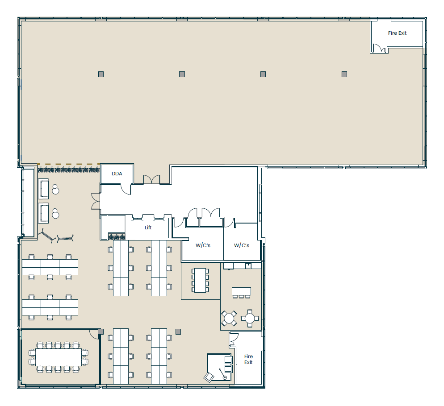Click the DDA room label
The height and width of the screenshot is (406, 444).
(117, 174)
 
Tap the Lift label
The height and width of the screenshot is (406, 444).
(148, 228)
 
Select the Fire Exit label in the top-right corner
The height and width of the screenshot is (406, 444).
(397, 33)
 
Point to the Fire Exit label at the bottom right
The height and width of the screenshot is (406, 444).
(248, 359)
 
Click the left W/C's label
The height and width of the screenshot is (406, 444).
(203, 245)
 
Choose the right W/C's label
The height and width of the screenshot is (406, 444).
(242, 245)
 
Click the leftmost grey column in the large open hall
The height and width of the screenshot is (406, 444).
(101, 74)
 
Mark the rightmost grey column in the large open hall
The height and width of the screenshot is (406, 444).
(344, 74)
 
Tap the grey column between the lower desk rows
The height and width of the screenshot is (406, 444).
(178, 331)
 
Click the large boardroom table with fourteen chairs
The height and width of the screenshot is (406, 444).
(59, 357)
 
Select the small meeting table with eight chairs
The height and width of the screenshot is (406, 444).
(200, 280)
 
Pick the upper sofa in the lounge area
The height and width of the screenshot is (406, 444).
(43, 188)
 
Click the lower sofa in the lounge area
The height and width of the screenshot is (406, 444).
(43, 213)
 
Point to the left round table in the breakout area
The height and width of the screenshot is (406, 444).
(229, 319)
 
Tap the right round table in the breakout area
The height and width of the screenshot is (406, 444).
(250, 318)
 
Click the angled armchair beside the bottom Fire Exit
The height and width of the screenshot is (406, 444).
(209, 377)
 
